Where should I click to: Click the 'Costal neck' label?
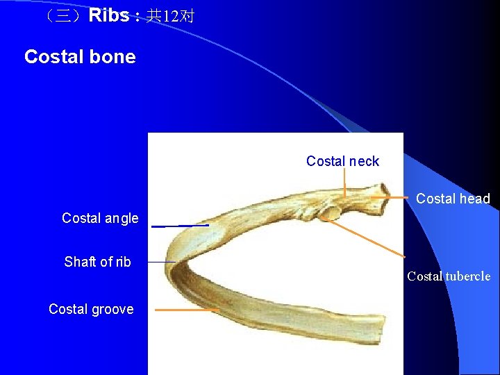click(342, 161)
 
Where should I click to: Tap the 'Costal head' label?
click(453, 199)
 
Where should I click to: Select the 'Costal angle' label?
click(100, 218)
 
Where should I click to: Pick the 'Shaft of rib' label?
click(97, 262)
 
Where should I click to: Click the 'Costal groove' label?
click(91, 309)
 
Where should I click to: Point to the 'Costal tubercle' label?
click(449, 276)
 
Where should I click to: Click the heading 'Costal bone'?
click(80, 57)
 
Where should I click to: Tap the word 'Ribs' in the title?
click(108, 15)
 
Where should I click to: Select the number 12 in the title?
click(171, 16)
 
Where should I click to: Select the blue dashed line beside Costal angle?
click(181, 226)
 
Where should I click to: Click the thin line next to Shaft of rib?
click(162, 262)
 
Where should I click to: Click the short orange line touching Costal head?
click(389, 197)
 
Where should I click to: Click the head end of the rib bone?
click(381, 190)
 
